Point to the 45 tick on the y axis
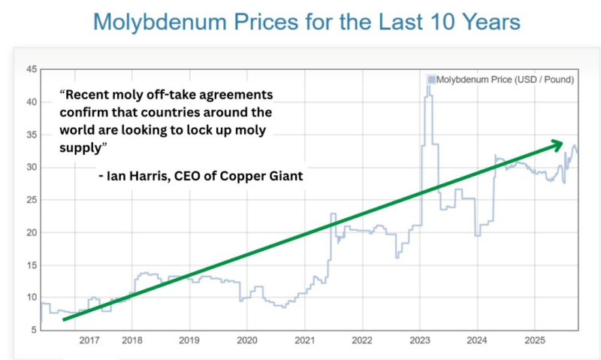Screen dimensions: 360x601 coord(32,69)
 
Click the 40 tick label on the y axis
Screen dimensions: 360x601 coord(32,102)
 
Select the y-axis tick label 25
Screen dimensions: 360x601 coord(32,200)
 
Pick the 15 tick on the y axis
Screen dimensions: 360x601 coord(32,265)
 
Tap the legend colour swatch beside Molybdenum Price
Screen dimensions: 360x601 coord(431,79)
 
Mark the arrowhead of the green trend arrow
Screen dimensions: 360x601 coord(557,142)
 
